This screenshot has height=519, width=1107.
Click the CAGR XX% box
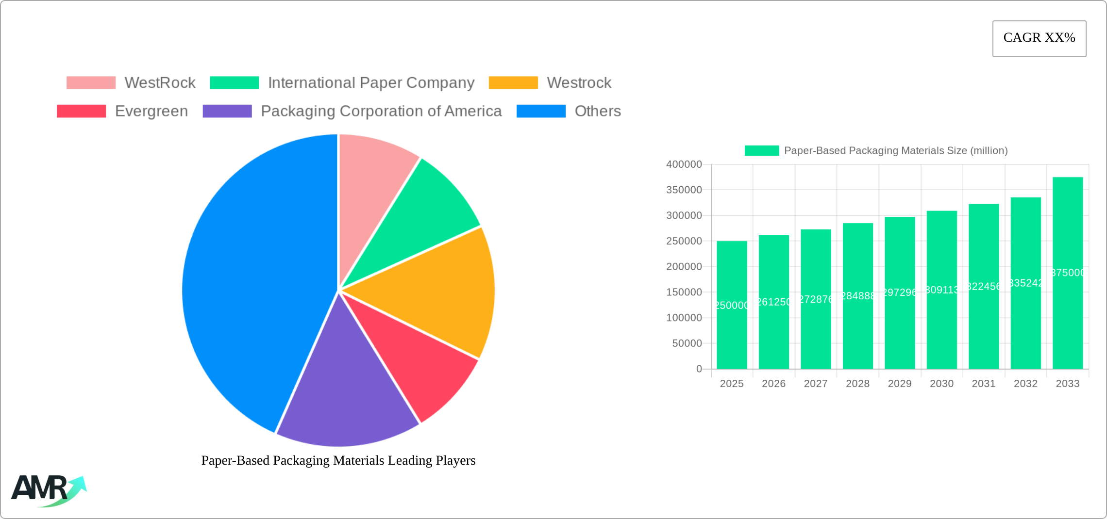[x=1039, y=38]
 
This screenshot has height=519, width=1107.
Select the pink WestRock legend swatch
[x=91, y=83]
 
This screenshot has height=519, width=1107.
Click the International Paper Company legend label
[x=371, y=83]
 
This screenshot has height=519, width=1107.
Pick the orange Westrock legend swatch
[x=513, y=83]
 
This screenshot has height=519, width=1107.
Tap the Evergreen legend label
[x=151, y=111]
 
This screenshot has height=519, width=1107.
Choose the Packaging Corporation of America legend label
[x=381, y=111]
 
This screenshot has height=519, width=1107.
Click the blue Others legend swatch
[x=541, y=111]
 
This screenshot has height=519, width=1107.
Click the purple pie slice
[x=345, y=398]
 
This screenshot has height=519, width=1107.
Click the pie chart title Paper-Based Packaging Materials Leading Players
[x=338, y=460]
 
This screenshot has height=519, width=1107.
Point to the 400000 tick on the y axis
[x=684, y=164]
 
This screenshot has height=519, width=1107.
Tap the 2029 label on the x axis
[x=900, y=384]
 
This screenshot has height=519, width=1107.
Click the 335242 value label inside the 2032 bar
[x=1026, y=283]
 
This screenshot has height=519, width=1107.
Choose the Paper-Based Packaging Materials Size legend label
[x=896, y=151]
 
